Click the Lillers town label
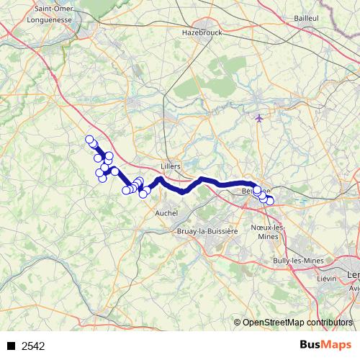pos(171,165)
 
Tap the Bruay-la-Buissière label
pos(207,231)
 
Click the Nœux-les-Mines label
pos(268,232)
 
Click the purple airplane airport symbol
pos(260,117)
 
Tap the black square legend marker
pos(11,346)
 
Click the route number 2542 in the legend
pos(33,346)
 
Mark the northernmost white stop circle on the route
pos(90,140)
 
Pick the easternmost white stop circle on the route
pos(270,200)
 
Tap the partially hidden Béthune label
pos(251,191)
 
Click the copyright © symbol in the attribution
pos(238,323)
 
